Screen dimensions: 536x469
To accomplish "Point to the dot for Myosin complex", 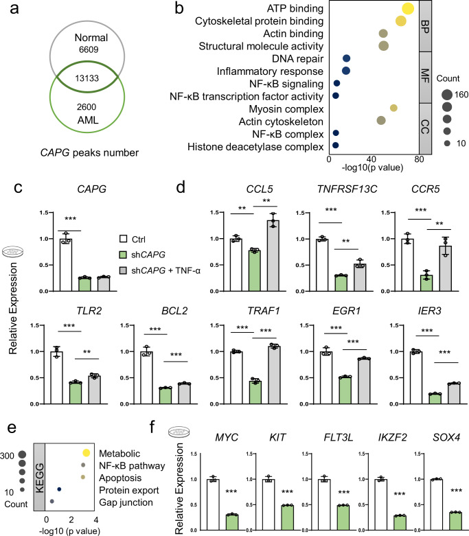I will (x=393, y=108).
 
